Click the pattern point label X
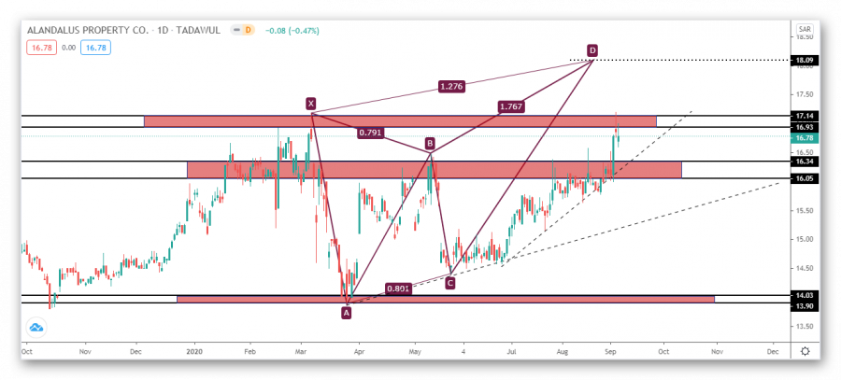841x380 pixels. coord(310,104)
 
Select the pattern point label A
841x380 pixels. coord(347,313)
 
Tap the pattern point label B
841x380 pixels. coord(430,144)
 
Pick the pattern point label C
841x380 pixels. coord(450,282)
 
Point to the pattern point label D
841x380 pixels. coord(592,49)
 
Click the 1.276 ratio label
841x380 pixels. coord(451,88)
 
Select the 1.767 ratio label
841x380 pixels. coord(511,107)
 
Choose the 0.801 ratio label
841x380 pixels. coord(397,289)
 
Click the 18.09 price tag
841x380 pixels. coord(804,61)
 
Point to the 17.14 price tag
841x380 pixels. coord(804,116)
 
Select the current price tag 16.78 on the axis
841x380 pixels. coord(804,137)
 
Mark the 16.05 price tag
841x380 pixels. coord(804,178)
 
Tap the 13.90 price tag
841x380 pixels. coord(804,306)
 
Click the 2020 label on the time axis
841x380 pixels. coord(194,352)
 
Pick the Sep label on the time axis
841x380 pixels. coord(609,352)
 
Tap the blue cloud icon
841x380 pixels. coord(36,328)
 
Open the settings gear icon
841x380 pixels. coord(805,352)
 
